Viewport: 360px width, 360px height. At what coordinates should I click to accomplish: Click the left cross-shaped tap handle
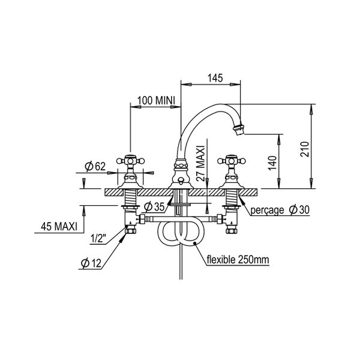tap(131, 161)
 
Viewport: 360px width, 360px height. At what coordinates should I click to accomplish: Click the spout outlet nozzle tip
tap(239, 127)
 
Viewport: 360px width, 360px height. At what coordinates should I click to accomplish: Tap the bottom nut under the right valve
tap(229, 229)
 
